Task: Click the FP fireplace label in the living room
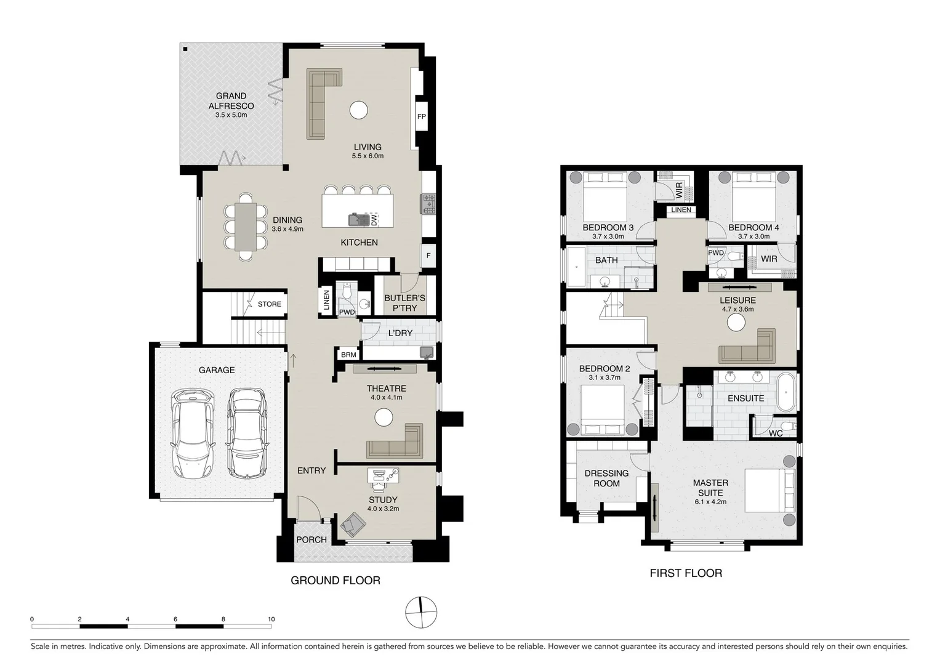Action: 421,117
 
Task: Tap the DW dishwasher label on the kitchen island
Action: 374,220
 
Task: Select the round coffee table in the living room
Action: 359,110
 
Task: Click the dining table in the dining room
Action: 246,227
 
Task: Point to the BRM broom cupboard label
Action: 348,355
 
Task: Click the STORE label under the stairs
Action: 270,304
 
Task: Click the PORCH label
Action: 311,539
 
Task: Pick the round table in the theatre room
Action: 384,417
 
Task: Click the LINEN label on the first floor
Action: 681,209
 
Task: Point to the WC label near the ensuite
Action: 776,433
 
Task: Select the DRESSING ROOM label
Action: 606,478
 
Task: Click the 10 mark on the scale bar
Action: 271,619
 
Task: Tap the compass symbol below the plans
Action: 421,613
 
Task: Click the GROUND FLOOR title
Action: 335,580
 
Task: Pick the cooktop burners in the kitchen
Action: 428,204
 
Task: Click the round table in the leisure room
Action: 736,323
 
